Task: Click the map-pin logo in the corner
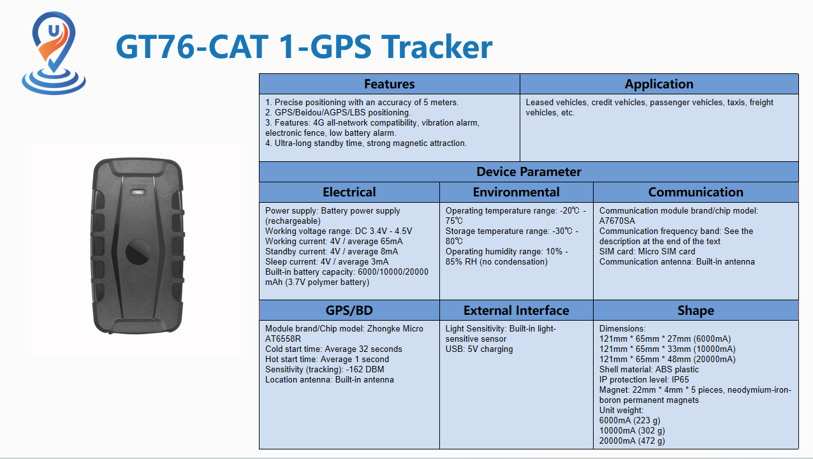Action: pyautogui.click(x=54, y=53)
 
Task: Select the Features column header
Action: pyautogui.click(x=389, y=84)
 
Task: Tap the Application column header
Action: pyautogui.click(x=659, y=84)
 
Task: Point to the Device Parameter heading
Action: pyautogui.click(x=529, y=171)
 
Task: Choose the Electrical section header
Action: pyautogui.click(x=349, y=192)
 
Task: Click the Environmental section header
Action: pyautogui.click(x=516, y=192)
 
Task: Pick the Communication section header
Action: pyautogui.click(x=696, y=192)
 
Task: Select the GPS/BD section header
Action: pyautogui.click(x=349, y=310)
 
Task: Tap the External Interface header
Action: pyautogui.click(x=516, y=310)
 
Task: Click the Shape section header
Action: pyautogui.click(x=696, y=310)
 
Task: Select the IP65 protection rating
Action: pyautogui.click(x=680, y=379)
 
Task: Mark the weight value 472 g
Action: pyautogui.click(x=651, y=441)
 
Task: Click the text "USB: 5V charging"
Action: pyautogui.click(x=479, y=349)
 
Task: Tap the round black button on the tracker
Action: pyautogui.click(x=138, y=252)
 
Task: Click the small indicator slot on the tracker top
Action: pyautogui.click(x=138, y=192)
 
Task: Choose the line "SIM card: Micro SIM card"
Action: pyautogui.click(x=647, y=251)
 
